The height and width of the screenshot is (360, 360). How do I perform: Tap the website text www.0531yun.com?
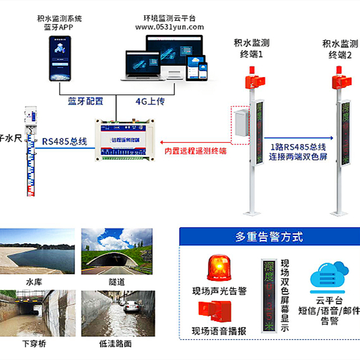(x=169, y=27)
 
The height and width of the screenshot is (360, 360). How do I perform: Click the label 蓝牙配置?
(x=85, y=101)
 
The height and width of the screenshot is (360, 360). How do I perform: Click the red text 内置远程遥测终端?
(x=195, y=152)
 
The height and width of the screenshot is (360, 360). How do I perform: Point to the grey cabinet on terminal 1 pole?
(x=239, y=124)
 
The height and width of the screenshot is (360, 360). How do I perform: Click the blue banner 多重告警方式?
(x=269, y=237)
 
